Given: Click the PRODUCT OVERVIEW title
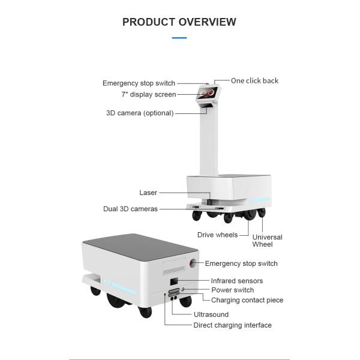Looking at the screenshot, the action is (x=179, y=22).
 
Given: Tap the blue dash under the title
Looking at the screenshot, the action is (x=179, y=38).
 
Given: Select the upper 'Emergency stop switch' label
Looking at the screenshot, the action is (x=139, y=83).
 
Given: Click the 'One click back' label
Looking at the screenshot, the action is (x=254, y=81).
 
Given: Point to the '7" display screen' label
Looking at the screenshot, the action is (x=148, y=95).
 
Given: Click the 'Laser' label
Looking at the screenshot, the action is (x=148, y=193).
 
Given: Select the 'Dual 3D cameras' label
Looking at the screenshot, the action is (x=130, y=209).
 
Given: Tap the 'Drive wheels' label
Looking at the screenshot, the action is (x=217, y=235).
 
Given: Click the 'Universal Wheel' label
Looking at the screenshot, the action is (x=267, y=241).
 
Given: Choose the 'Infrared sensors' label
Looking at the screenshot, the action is (x=236, y=281).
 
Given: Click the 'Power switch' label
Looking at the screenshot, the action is (x=232, y=290).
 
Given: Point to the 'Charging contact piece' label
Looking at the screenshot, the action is (x=247, y=300).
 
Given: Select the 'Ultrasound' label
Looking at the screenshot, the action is (x=211, y=314).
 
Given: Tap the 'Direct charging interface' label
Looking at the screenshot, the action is (x=232, y=325).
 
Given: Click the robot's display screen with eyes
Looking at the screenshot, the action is (x=208, y=93).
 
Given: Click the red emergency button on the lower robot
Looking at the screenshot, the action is (x=193, y=263).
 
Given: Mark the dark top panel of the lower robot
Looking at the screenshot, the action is (x=137, y=245).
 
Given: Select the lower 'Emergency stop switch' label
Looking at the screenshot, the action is (x=241, y=263).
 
